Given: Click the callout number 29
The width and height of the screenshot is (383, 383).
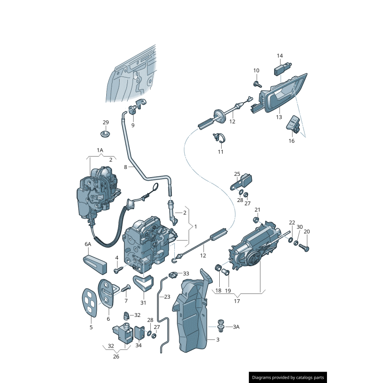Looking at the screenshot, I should [106, 122].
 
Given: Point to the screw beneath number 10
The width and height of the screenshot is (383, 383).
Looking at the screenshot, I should [257, 84].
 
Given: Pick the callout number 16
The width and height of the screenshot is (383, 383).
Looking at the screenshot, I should [292, 141].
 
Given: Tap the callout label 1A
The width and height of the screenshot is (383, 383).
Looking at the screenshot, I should [100, 150].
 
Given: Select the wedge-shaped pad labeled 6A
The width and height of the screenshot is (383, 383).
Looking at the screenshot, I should [95, 262].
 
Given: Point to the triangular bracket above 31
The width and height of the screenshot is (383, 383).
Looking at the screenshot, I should [143, 282].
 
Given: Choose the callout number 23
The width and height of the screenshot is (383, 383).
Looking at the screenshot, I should [167, 297].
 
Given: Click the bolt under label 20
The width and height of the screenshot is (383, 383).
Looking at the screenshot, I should [306, 248].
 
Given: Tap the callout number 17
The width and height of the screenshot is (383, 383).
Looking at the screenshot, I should [237, 302].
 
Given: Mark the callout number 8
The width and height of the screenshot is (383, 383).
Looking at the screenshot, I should [125, 167].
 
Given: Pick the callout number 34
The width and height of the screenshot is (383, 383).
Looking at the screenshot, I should [138, 345].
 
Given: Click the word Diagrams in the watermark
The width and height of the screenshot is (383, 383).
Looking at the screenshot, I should [264, 378].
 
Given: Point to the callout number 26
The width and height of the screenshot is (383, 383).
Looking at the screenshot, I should [116, 356].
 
